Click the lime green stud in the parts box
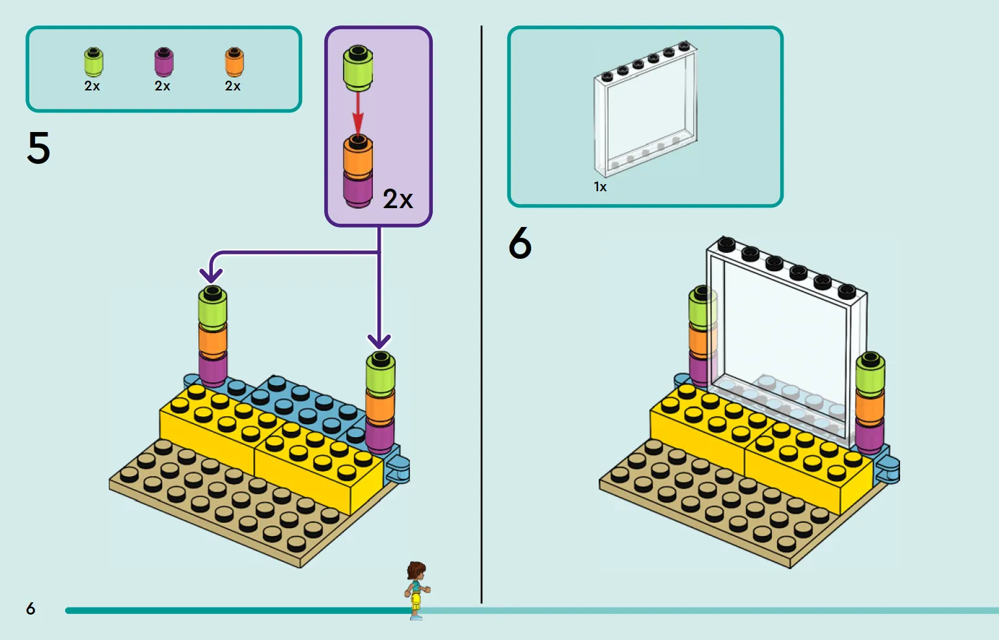pos(94,62)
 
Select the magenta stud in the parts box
pos(163,62)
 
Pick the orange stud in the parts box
pos(234,62)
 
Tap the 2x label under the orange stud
pos(232,86)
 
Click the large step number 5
pos(38,148)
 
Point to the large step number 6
pos(520,243)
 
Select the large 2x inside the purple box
pos(398,199)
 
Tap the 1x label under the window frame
pos(600,187)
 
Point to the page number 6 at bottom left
pos(31,608)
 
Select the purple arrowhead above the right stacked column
pos(379,342)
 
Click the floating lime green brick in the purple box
pos(358,68)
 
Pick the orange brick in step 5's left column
pos(213,341)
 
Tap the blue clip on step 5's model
pos(398,470)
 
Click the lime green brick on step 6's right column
pos(870,375)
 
